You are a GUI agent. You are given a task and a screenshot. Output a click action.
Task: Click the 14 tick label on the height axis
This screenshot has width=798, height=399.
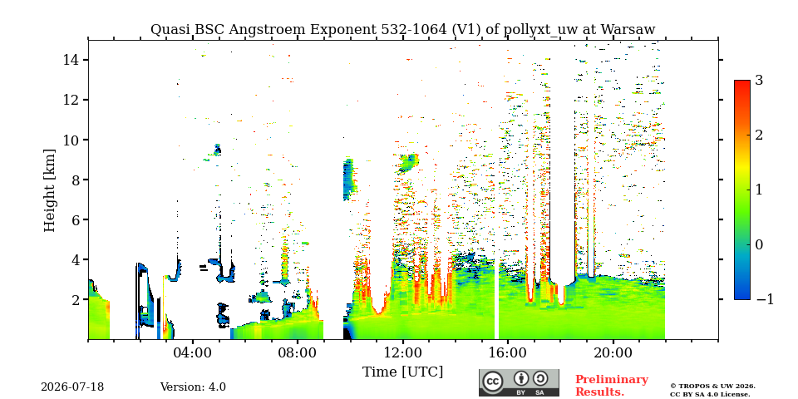click(x=70, y=60)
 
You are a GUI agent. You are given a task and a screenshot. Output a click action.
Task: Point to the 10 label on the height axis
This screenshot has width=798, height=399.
click(x=70, y=140)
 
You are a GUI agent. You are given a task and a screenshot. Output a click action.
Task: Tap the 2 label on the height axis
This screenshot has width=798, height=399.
click(x=73, y=300)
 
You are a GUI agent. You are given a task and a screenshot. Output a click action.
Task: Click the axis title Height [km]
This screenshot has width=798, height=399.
click(x=49, y=190)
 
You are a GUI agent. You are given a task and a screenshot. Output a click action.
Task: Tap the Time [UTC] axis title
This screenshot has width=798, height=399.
click(x=402, y=372)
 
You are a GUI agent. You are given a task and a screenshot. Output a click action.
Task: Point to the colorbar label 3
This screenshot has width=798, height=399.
click(x=759, y=81)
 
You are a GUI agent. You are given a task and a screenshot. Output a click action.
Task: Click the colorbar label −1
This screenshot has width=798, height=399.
click(x=765, y=300)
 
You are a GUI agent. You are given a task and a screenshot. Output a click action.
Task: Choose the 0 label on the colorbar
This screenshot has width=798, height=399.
click(x=759, y=244)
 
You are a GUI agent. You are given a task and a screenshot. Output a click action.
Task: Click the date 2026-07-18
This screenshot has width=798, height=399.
click(x=72, y=387)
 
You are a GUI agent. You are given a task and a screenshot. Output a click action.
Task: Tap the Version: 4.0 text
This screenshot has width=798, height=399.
click(x=193, y=387)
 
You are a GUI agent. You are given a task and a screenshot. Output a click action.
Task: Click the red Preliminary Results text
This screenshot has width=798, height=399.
click(x=612, y=386)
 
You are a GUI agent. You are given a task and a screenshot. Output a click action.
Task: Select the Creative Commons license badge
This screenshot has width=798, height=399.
click(x=519, y=382)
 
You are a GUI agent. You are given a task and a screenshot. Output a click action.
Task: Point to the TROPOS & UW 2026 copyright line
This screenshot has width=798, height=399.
click(x=712, y=387)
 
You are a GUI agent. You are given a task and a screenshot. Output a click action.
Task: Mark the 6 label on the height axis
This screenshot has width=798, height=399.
click(x=73, y=219)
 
